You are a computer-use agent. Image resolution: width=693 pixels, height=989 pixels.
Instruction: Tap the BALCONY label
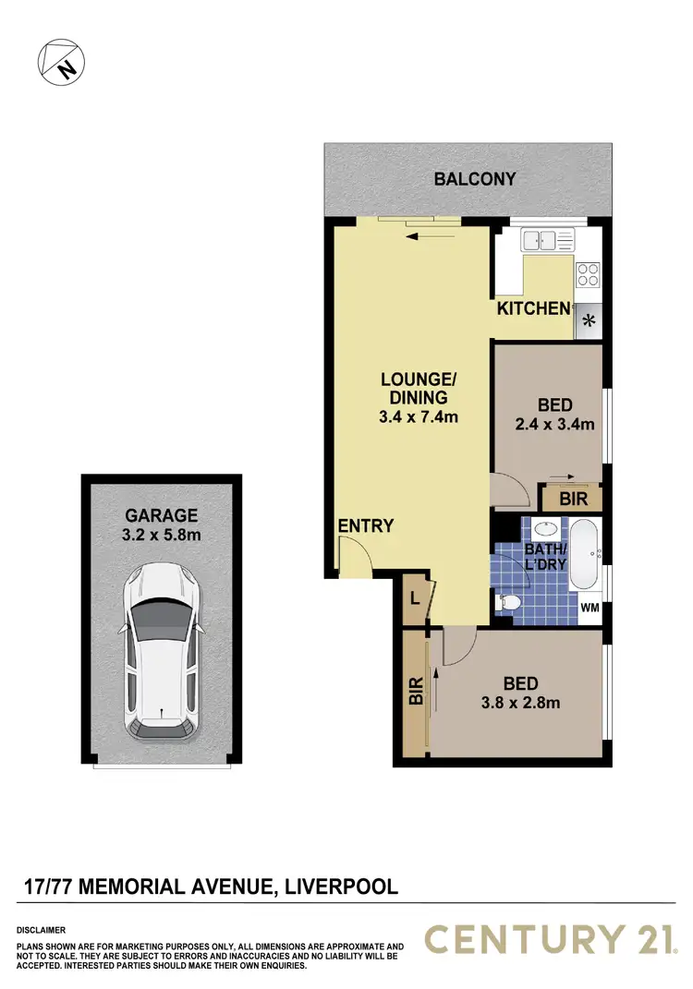coord(474,179)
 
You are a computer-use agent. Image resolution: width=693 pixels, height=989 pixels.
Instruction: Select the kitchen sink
coord(546,241)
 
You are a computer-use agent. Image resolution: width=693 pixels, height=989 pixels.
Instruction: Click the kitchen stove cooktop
coord(588,274)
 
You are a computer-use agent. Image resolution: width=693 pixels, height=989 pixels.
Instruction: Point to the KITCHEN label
coord(533,308)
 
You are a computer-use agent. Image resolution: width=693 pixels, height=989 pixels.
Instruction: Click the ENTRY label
coord(366,526)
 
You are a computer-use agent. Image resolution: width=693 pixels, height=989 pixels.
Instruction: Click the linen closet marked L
coord(413,597)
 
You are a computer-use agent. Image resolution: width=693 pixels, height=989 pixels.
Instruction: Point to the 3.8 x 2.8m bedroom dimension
coord(520,703)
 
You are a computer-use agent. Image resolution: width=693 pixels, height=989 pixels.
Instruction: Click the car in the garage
coord(162,651)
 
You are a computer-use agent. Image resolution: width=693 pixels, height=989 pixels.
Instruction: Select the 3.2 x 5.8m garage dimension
coord(162,536)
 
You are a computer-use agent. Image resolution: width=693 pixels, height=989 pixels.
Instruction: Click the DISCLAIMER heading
coord(41,930)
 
